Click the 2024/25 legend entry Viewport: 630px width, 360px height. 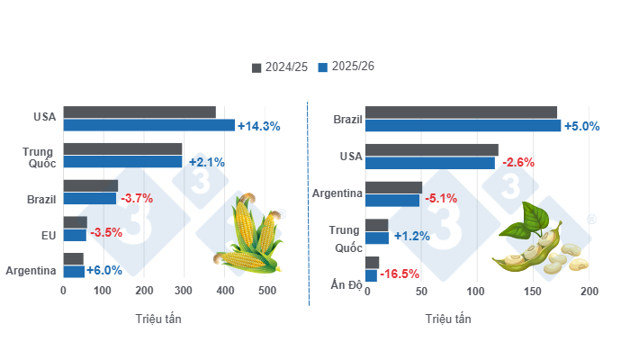280,67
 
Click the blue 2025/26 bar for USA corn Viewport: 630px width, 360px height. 148,125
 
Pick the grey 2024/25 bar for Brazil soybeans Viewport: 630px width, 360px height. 461,112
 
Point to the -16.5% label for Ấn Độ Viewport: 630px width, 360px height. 400,274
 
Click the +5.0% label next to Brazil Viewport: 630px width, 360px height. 581,125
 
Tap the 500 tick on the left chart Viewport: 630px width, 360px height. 266,292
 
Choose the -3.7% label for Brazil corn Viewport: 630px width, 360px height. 136,198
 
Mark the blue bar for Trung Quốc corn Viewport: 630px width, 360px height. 122,162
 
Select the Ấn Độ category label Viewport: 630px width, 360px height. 343,284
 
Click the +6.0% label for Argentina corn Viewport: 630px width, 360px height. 103,270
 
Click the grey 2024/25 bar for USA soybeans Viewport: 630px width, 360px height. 431,149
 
